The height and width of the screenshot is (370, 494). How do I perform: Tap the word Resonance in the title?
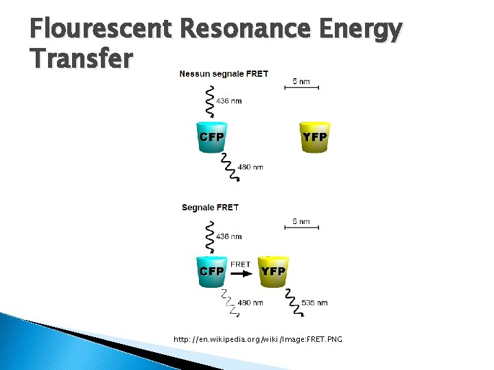248,29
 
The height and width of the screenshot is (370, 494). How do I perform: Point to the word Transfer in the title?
81,59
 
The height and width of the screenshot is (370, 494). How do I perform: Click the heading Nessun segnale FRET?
224,73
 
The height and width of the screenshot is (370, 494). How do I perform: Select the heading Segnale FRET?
210,207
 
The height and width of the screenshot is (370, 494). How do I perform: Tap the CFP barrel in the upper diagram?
211,136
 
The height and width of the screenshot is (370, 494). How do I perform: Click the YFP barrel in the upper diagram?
315,136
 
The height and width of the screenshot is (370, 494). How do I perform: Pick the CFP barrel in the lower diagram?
211,271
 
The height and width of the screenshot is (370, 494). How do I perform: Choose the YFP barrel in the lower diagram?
273,271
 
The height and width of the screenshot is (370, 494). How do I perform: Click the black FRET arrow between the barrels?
242,272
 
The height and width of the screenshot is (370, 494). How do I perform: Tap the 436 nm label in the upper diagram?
229,101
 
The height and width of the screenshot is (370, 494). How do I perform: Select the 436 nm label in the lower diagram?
229,236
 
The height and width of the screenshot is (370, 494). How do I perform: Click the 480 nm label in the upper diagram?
250,166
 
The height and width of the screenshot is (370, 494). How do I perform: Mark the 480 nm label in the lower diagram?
250,302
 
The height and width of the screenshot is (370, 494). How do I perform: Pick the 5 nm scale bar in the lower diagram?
302,227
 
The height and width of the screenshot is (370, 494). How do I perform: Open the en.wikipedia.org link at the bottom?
257,339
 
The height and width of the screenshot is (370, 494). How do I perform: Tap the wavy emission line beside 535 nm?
293,301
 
